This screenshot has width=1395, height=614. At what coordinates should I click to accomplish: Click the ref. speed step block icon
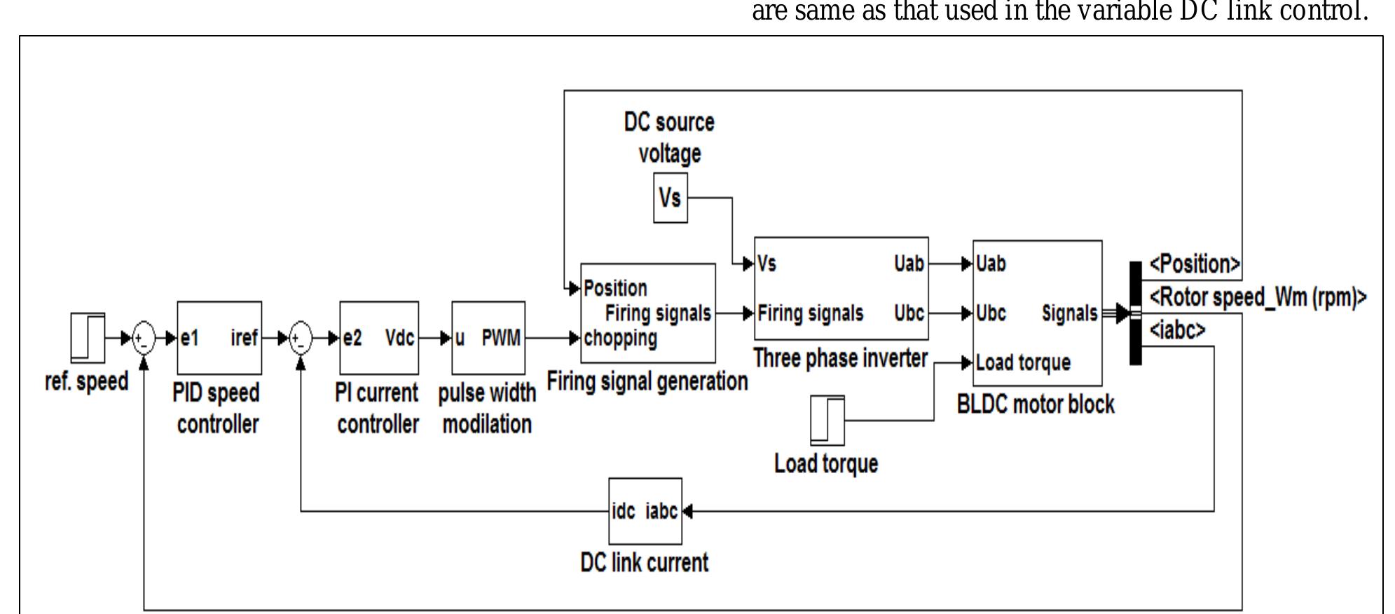click(x=88, y=338)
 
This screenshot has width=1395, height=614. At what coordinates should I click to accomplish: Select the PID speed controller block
click(x=219, y=338)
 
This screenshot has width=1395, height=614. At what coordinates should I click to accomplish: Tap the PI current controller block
click(x=379, y=338)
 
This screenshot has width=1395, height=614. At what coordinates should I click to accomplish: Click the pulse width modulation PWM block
click(x=488, y=338)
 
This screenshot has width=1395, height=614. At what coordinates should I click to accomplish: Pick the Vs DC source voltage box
click(x=671, y=198)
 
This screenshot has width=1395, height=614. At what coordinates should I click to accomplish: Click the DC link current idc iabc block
click(x=645, y=511)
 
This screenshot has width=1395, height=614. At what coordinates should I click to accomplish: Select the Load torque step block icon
click(x=827, y=420)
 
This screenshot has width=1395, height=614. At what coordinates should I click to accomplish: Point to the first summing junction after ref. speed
click(x=144, y=339)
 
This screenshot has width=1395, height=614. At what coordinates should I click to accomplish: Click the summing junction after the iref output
click(x=301, y=339)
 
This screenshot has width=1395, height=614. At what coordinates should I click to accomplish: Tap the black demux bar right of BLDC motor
click(x=1136, y=313)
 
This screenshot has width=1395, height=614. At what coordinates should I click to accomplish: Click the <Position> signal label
click(x=1195, y=265)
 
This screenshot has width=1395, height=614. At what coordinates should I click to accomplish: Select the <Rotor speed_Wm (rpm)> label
click(x=1258, y=297)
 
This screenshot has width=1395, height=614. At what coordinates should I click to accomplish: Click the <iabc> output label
click(x=1177, y=329)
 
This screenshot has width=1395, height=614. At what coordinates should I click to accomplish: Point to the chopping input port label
click(x=621, y=339)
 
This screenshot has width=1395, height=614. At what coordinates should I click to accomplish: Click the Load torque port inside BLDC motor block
click(x=1023, y=362)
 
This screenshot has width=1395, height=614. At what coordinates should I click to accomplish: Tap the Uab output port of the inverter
click(x=909, y=264)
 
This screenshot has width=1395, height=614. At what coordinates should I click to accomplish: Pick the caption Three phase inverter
click(x=840, y=358)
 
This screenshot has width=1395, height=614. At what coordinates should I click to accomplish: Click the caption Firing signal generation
click(x=647, y=382)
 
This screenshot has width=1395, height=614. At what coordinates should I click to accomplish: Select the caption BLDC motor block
click(x=1036, y=404)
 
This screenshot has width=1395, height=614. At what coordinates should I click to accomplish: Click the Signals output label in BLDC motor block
click(x=1069, y=313)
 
